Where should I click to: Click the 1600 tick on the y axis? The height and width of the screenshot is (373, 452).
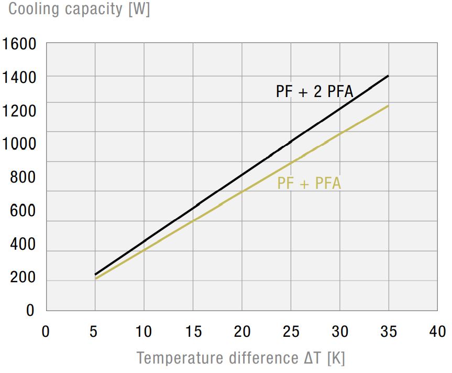19,44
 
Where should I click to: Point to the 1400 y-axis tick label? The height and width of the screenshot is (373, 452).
19,78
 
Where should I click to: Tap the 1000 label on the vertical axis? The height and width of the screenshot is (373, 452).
19,144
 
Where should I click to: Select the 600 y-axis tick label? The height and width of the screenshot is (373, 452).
23,211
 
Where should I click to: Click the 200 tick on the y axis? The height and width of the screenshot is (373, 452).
23,278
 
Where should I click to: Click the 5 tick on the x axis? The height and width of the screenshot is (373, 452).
95,332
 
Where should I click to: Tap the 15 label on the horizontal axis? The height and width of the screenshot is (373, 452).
193,332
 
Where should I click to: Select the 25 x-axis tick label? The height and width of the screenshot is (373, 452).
291,332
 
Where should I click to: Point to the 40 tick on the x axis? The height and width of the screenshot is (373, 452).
437,332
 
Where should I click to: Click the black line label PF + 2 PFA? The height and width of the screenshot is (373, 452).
314,92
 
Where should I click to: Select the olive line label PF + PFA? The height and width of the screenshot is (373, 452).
309,184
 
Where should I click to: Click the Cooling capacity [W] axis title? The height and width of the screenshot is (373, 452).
79,9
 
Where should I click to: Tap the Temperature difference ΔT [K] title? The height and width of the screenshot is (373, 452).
241,358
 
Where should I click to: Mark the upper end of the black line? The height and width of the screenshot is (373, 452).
388,76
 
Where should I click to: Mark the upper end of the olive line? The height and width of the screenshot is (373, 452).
388,106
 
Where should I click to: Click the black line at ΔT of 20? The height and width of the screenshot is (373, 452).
241,175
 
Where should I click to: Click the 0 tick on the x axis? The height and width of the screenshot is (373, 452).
46,332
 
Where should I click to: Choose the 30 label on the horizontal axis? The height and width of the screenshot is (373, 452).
339,332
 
